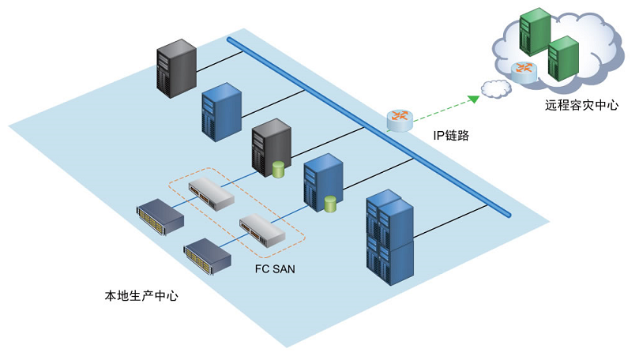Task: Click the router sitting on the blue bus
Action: click(400, 120)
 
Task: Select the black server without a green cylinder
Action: click(175, 69)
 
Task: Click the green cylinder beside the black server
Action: click(278, 170)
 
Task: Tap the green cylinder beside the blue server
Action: click(330, 203)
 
